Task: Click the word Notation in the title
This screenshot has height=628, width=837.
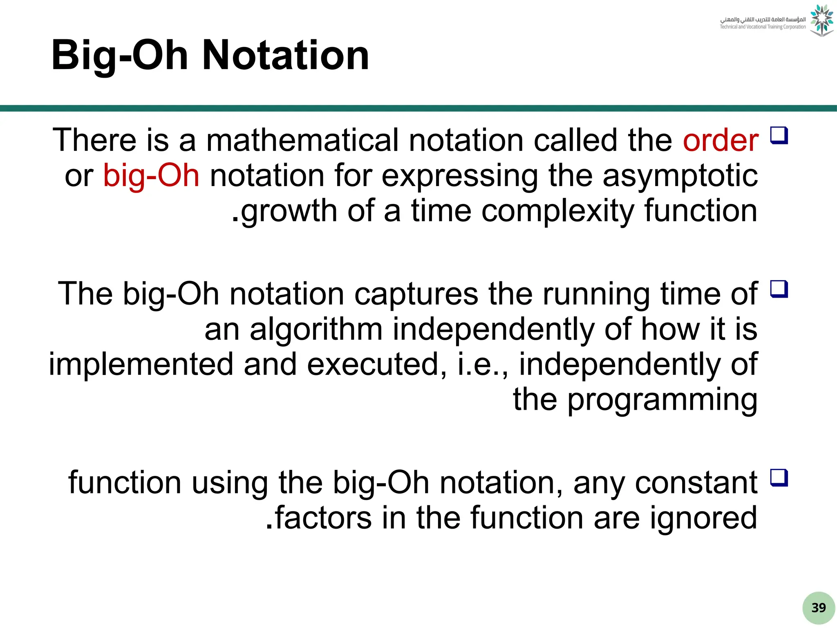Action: coord(286,55)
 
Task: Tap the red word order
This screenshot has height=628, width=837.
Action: coord(721,140)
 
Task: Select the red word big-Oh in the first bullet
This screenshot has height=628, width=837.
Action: coord(151,175)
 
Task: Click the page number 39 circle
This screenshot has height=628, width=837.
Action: coord(818,608)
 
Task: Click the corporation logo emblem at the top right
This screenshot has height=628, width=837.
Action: coord(821,20)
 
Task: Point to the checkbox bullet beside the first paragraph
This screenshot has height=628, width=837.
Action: coord(779,135)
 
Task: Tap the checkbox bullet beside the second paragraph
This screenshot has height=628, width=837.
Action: coord(779,289)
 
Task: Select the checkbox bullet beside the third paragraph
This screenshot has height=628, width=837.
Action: coord(779,478)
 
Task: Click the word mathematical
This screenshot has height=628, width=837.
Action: coord(302,140)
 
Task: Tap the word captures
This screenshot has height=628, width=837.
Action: coord(416,294)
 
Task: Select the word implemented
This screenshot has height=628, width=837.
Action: coord(141,364)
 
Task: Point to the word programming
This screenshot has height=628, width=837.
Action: coord(662,400)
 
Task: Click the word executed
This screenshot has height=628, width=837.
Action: coord(376,364)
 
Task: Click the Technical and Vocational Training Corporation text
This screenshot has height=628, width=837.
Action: coord(763,27)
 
